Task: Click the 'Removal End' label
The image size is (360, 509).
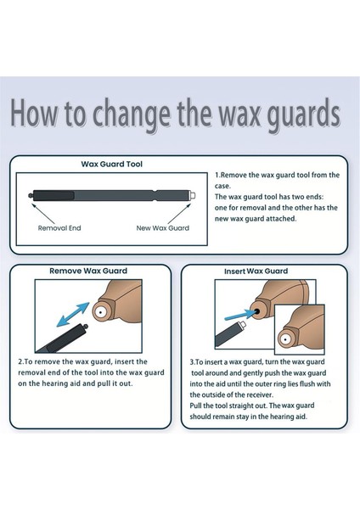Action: [x=59, y=227]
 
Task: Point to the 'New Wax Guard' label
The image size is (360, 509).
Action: [x=163, y=227]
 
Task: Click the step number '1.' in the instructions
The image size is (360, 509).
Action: [x=217, y=175]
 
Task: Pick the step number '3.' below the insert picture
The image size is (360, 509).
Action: [x=194, y=361]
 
